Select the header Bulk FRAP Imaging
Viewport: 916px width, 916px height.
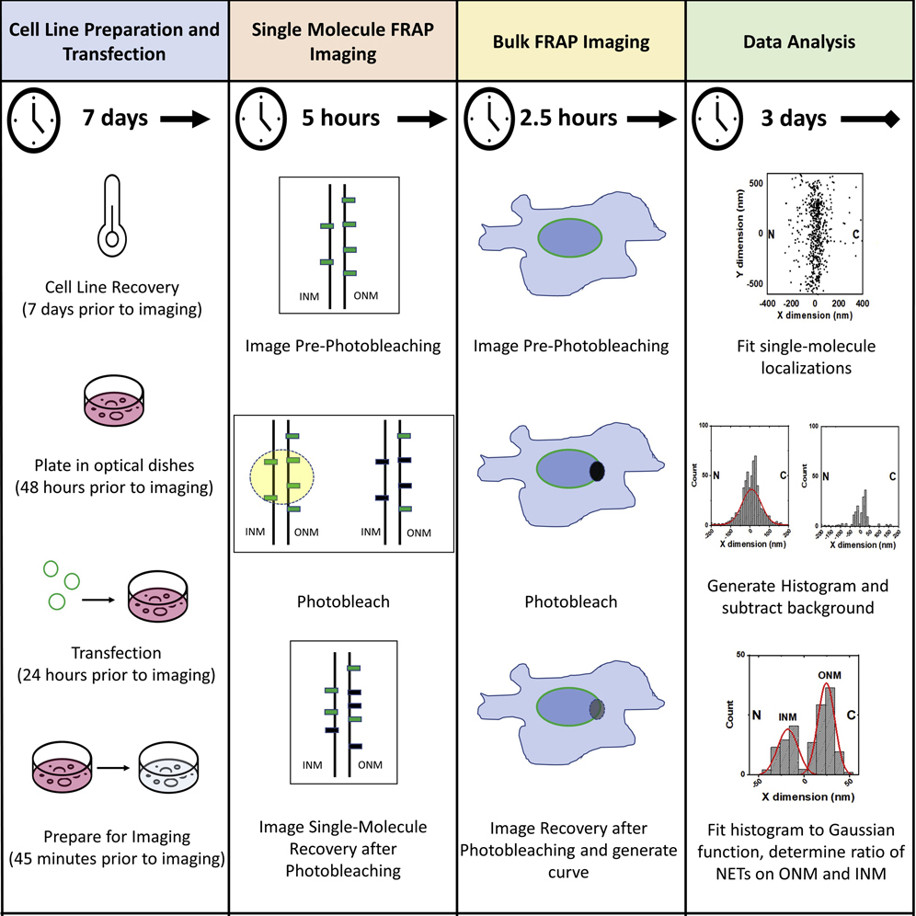coord(571,41)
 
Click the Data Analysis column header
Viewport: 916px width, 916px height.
coord(800,41)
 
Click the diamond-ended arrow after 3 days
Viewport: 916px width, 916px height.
coord(868,120)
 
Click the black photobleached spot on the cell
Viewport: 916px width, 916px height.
coord(598,472)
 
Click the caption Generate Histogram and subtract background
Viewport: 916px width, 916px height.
coord(800,596)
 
